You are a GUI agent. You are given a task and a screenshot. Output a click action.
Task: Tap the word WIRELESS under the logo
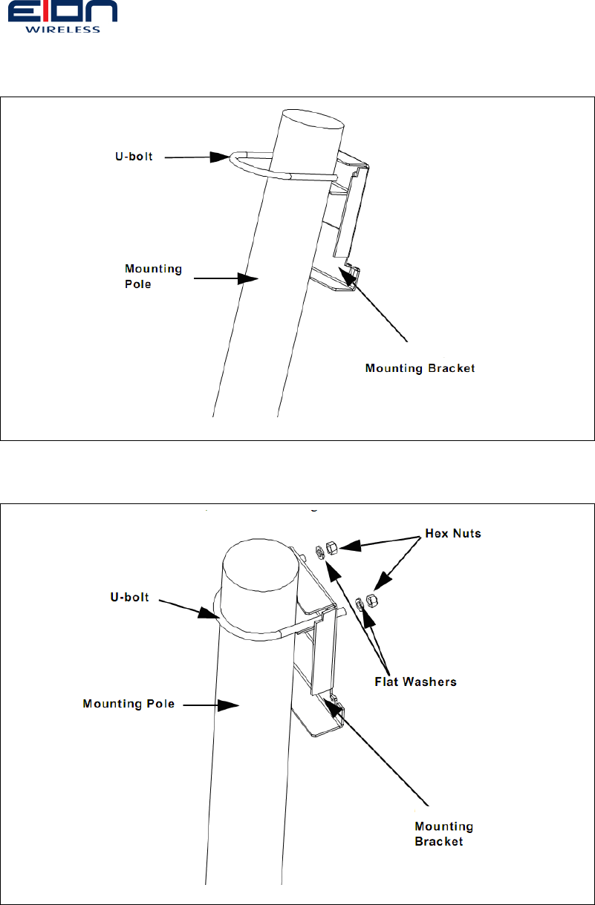[62, 30]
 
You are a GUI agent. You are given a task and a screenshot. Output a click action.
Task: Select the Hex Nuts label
[452, 534]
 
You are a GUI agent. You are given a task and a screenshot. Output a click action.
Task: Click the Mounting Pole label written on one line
[128, 704]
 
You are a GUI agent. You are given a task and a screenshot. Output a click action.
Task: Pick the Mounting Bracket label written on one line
[420, 368]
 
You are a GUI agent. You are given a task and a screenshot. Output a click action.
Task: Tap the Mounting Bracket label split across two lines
[443, 834]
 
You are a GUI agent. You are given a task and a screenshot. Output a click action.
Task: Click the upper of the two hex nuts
[333, 548]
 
